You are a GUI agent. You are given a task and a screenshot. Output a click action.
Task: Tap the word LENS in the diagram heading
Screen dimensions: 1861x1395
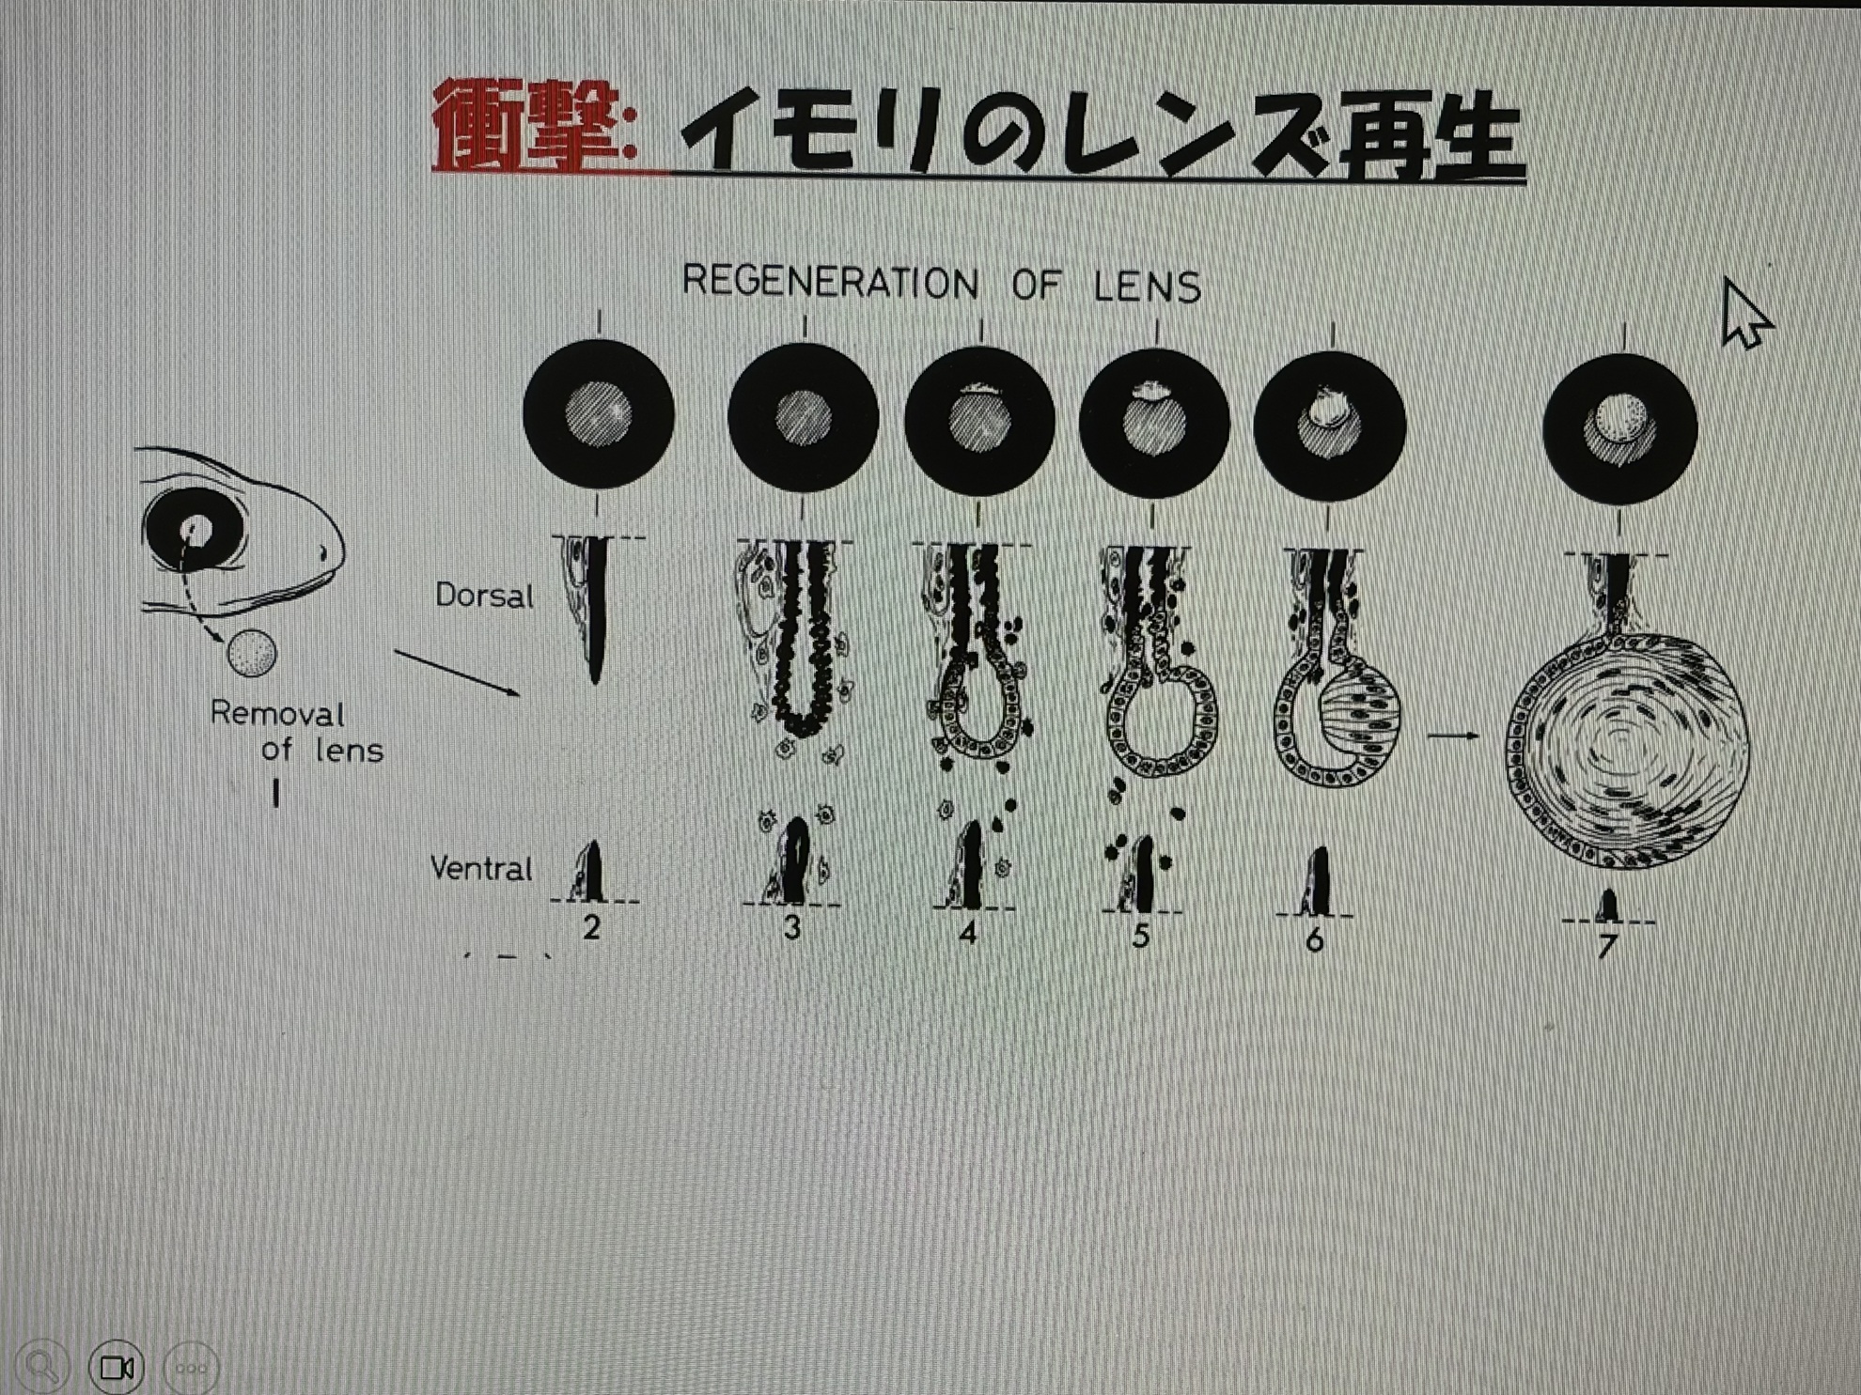[1148, 286]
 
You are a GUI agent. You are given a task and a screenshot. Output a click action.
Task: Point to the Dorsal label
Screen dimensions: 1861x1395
[484, 595]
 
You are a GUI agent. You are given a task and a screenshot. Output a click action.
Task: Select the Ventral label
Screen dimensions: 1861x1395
[481, 867]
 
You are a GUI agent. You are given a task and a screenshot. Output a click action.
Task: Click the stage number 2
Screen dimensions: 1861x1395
[591, 927]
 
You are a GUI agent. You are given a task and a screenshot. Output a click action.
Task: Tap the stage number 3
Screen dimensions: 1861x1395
[792, 928]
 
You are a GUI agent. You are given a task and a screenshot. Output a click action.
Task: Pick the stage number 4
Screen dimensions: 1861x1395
[967, 932]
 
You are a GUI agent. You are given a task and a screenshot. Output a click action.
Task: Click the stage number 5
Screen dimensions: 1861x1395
[1140, 936]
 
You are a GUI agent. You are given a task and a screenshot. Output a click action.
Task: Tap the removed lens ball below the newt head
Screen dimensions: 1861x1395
[251, 653]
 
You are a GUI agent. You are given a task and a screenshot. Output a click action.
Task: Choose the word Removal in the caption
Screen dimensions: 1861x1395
[276, 713]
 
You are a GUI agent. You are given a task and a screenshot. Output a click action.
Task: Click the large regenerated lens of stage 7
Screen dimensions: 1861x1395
[1627, 750]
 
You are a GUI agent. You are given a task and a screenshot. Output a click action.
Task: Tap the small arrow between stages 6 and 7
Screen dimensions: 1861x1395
[1453, 736]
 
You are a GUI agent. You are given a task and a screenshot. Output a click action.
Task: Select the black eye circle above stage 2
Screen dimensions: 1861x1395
[599, 413]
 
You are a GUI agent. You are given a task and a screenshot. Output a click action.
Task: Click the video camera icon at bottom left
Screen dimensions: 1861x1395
[117, 1367]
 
